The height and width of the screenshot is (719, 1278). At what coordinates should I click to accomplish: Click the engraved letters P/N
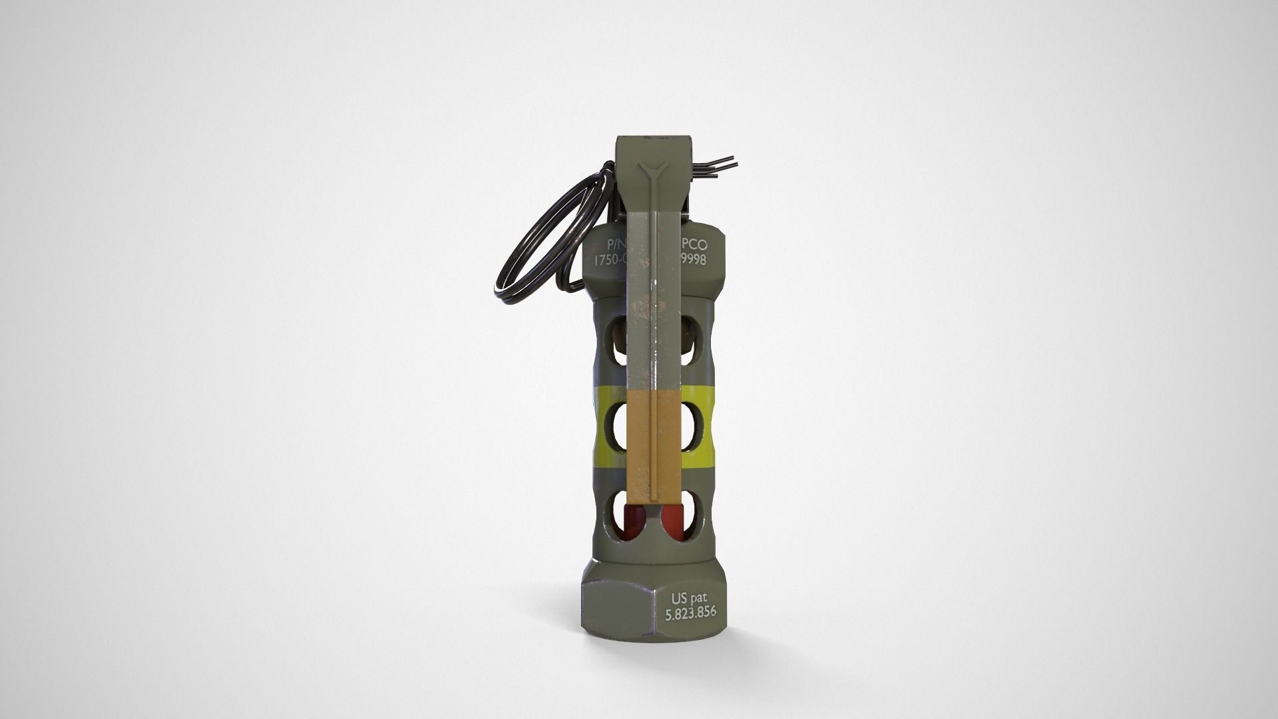[608, 244]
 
